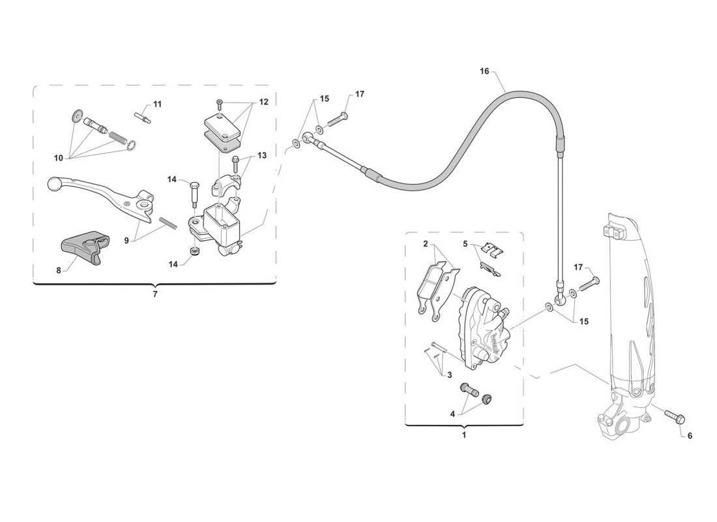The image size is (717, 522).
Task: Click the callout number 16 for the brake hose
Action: pos(484,71)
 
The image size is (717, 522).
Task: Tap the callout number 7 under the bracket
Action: pos(155,294)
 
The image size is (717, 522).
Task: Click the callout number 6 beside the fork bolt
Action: pos(690,435)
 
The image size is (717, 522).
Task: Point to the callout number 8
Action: pos(59,271)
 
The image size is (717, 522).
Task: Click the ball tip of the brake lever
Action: pos(54,185)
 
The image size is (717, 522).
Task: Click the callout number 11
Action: pos(157,104)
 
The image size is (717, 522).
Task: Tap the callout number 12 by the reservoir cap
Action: pos(264,102)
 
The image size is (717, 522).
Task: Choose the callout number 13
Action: pos(261,156)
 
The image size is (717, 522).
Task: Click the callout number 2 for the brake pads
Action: pos(425,243)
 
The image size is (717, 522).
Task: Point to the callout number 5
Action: pos(465,243)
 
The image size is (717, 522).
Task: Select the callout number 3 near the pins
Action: pos(450,375)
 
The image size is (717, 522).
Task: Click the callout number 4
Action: pos(453,414)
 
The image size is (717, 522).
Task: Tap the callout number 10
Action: pos(59,158)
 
